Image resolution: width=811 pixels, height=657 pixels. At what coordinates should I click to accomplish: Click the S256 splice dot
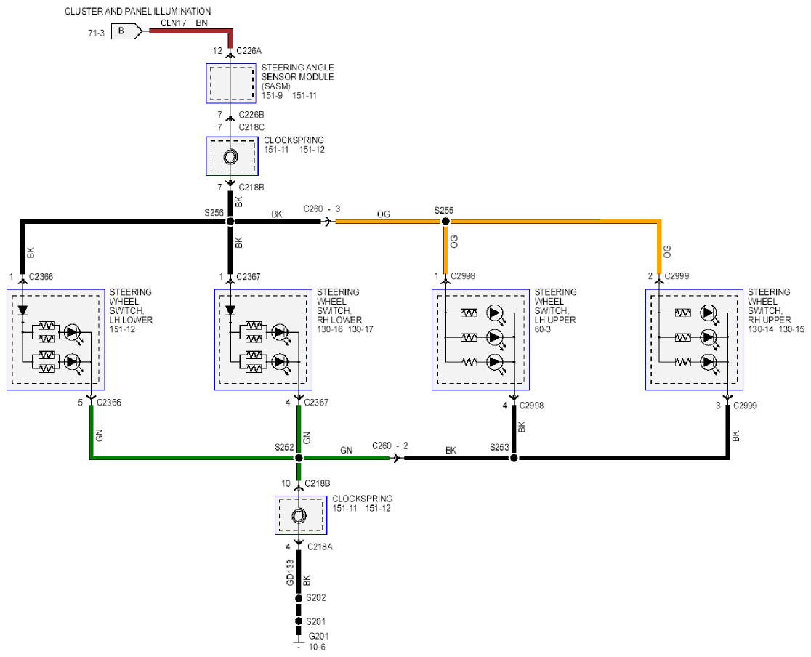tap(230, 222)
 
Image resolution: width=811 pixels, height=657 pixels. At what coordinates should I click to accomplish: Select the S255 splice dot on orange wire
tap(445, 222)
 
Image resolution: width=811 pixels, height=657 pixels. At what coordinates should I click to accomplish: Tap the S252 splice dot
tap(299, 458)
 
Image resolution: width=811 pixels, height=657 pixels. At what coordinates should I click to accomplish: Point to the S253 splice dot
tap(514, 458)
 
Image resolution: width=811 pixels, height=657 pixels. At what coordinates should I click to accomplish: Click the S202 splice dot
tap(299, 599)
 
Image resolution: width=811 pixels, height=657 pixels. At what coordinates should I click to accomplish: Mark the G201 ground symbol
tap(299, 644)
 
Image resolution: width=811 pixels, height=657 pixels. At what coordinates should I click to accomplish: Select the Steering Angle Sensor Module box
tap(231, 83)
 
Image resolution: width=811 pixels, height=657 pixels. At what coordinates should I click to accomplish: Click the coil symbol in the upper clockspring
tap(230, 157)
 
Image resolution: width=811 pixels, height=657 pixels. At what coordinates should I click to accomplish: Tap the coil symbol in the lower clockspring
tap(299, 516)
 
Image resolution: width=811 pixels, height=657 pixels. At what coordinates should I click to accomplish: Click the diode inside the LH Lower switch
tap(23, 310)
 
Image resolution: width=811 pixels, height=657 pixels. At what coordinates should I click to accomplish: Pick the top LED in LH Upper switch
tap(495, 313)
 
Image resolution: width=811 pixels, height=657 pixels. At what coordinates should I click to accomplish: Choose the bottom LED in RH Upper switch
tap(708, 362)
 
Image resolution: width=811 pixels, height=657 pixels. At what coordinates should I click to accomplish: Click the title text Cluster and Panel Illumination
tap(137, 11)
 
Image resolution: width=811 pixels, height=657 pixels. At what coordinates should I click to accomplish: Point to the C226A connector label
tap(249, 51)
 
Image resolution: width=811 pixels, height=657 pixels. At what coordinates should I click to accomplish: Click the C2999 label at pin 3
tap(745, 406)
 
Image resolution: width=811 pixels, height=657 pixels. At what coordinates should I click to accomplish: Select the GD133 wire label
tap(290, 573)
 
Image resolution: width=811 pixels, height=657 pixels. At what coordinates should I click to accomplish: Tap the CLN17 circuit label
tap(173, 23)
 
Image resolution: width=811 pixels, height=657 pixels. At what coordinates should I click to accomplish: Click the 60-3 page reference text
tap(543, 329)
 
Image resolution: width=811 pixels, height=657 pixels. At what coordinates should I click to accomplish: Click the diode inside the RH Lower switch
tap(230, 310)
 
